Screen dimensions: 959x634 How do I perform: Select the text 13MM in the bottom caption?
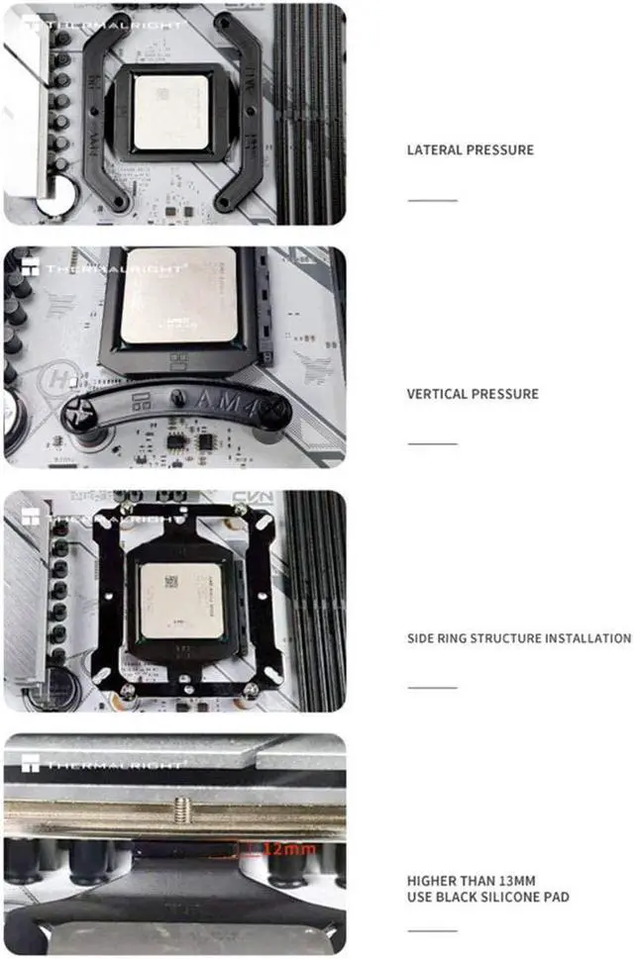pos(521,880)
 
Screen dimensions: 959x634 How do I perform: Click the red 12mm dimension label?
pos(293,848)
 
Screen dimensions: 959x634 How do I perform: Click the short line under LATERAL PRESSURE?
pos(433,200)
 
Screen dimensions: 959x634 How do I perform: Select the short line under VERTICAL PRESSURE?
pos(433,443)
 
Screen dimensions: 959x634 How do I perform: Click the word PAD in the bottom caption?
pos(557,897)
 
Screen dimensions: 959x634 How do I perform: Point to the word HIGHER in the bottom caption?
pos(429,880)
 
